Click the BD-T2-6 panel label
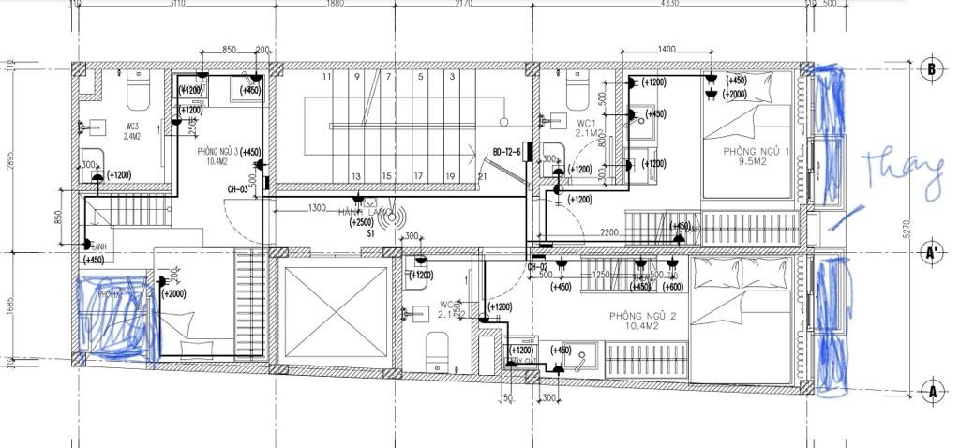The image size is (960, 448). (x=508, y=151)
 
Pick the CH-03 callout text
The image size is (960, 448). (x=237, y=189)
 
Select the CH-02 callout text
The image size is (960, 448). (x=537, y=267)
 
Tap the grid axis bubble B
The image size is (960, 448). (x=932, y=69)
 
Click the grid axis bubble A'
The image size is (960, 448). (x=932, y=252)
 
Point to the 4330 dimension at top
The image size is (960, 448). (x=668, y=5)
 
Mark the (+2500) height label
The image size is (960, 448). (x=361, y=223)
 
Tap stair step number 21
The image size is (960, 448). (x=482, y=176)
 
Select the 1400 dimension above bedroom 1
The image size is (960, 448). (x=667, y=49)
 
